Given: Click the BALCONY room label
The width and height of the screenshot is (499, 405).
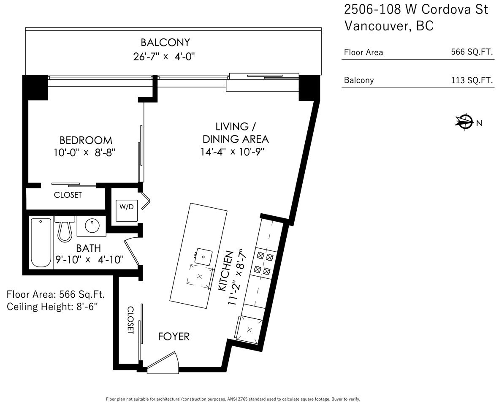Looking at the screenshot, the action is (165, 42).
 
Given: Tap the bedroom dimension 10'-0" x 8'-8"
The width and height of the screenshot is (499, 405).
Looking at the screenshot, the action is (84, 152).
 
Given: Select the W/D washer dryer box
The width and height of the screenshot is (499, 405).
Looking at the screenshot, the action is (127, 210).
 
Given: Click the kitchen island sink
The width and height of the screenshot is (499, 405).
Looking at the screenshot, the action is (203, 257).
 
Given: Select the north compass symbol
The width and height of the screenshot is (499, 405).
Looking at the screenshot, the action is (465, 122).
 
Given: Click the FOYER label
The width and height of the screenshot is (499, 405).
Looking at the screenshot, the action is (174, 336).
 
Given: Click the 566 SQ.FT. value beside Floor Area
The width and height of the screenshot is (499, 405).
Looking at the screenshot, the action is (472, 52).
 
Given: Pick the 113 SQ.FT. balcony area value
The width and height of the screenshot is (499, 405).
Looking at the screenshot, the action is (472, 80).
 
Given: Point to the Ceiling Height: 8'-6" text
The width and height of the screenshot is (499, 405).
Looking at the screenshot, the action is (52, 307).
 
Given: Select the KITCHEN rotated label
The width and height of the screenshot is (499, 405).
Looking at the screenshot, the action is (225, 271).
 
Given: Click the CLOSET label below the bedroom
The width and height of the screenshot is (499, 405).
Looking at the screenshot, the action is (68, 195).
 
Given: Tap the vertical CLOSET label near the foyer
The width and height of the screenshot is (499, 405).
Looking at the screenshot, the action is (130, 320).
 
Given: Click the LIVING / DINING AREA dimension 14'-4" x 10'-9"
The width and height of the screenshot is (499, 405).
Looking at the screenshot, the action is (233, 152).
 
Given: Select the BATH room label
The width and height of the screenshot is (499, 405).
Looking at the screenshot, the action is (88, 248).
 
